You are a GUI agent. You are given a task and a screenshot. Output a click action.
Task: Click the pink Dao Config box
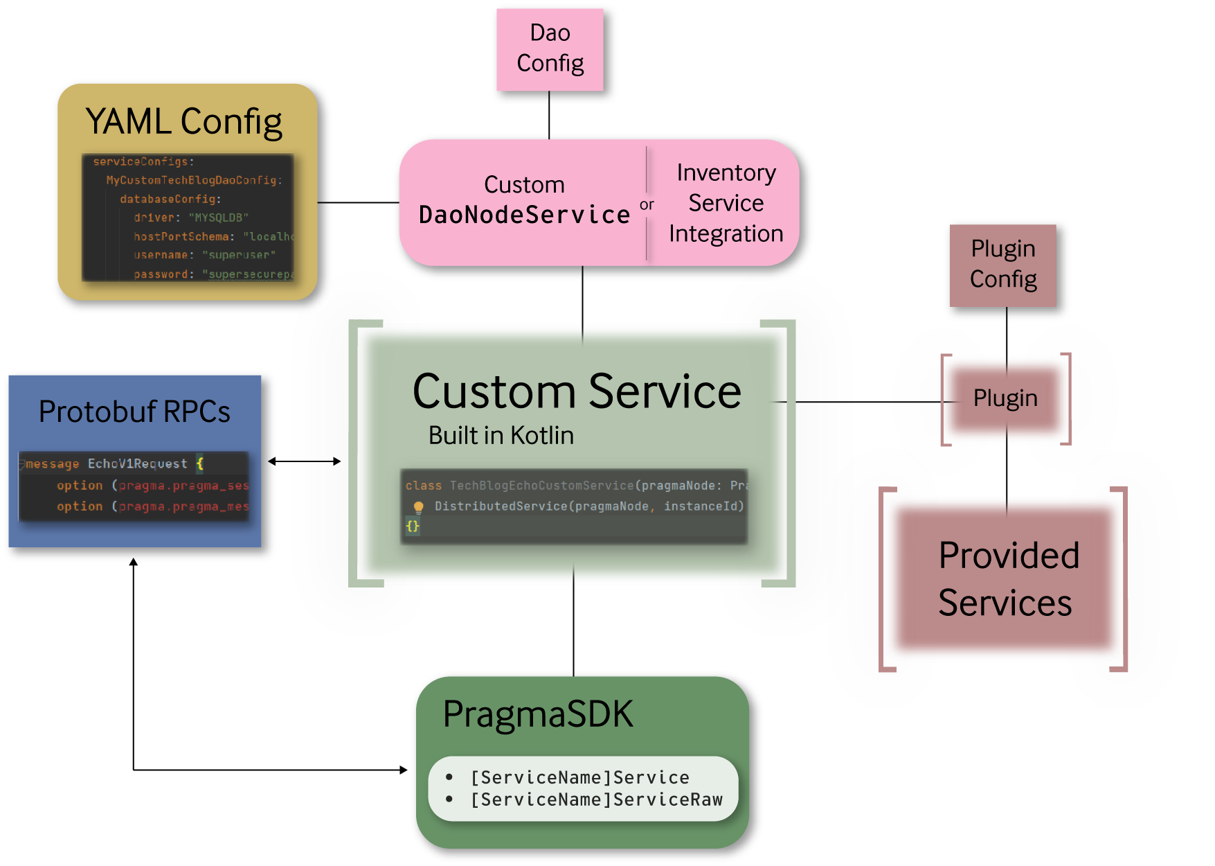tap(550, 49)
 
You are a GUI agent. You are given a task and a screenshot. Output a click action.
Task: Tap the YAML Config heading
tap(183, 122)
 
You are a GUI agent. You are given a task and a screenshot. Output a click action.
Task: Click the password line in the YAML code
tap(213, 274)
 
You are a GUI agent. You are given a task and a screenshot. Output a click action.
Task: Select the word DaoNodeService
tap(524, 215)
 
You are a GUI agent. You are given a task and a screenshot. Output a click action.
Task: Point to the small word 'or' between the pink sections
tap(647, 205)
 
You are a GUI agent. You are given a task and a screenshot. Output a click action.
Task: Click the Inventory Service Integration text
tap(726, 203)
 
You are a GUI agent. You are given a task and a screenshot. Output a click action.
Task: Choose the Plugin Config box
tap(1002, 265)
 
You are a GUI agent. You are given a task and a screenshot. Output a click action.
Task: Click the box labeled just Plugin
tap(1005, 398)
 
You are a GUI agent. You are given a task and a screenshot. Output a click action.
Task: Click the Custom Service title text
tap(576, 392)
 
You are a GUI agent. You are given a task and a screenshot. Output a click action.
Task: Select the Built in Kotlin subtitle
tap(501, 436)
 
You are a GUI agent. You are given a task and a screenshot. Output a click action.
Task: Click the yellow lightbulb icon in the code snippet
tap(418, 506)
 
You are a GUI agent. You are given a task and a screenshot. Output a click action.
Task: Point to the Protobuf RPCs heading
tap(134, 412)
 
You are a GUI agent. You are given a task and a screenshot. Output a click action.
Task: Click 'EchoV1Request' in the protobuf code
tap(137, 463)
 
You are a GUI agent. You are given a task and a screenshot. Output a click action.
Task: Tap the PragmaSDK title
tap(538, 714)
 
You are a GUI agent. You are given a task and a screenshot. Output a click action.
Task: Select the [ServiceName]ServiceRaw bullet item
tap(596, 799)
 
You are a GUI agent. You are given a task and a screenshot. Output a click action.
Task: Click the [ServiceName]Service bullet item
tap(579, 777)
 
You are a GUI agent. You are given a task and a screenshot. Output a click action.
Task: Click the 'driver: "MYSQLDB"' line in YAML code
tap(190, 218)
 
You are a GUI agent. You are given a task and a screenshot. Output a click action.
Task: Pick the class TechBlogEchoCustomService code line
tap(575, 486)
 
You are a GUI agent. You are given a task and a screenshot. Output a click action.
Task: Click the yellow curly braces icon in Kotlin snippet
tap(413, 526)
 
